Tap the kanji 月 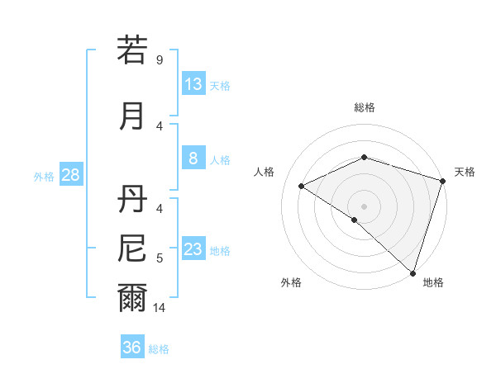pos(132,116)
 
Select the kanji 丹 pos(132,198)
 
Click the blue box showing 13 pos(193,84)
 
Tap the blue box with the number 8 pos(193,159)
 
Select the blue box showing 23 pos(193,249)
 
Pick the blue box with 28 pos(70,175)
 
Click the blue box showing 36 pos(132,348)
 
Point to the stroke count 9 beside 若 pos(159,60)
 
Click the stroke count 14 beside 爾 pos(160,308)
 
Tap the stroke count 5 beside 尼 pos(159,258)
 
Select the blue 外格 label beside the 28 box pos(44,176)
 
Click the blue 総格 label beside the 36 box pos(159,348)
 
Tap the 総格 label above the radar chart pos(364,107)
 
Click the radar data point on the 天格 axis pos(442,180)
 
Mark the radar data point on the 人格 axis pos(302,186)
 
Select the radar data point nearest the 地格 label pos(413,272)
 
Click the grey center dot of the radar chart pos(364,206)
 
